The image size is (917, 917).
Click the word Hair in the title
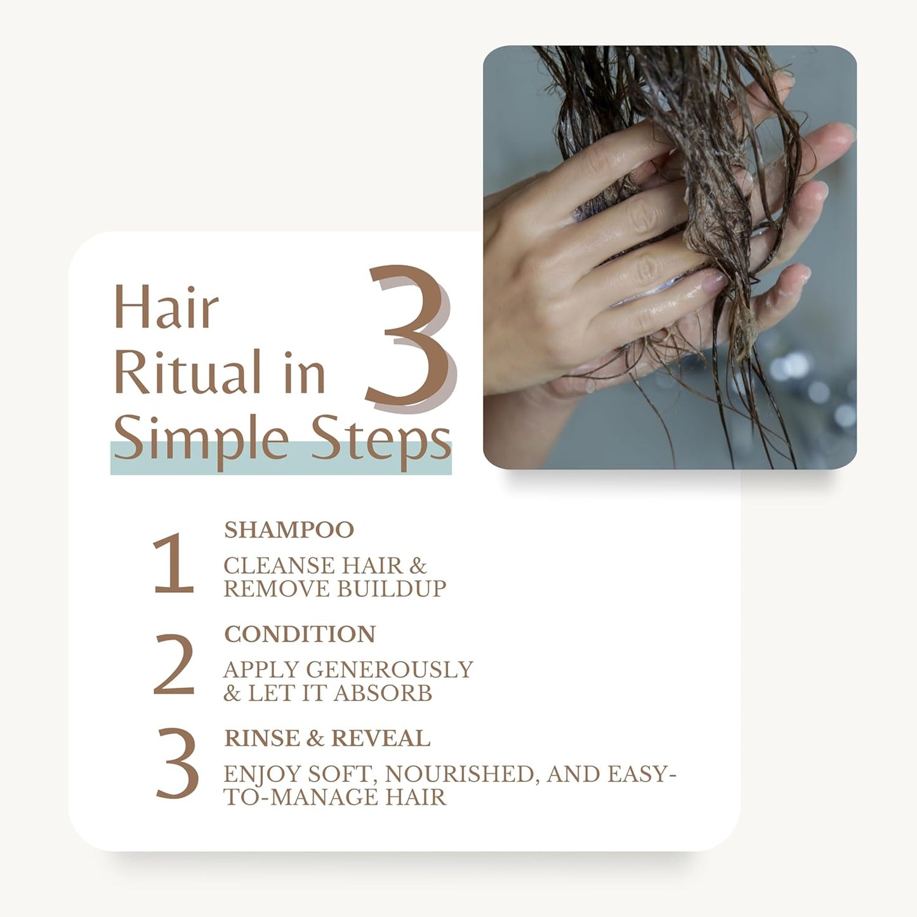point(166,308)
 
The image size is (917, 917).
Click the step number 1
point(173,564)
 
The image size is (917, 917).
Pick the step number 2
point(173,665)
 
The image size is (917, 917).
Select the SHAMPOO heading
point(289,530)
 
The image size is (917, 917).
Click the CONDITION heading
point(300,634)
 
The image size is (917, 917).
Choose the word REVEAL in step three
point(380,738)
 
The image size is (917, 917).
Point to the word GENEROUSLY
point(390,670)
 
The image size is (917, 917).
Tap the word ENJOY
point(261,774)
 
